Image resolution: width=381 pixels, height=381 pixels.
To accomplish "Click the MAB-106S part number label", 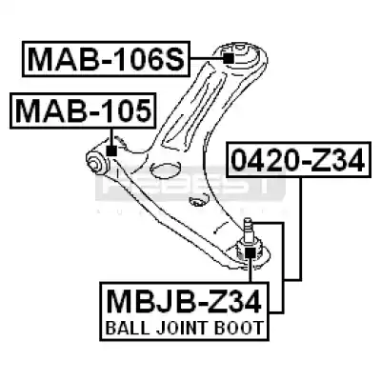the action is pyautogui.click(x=106, y=59).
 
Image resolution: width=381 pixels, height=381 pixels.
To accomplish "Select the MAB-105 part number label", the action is pyautogui.click(x=83, y=110).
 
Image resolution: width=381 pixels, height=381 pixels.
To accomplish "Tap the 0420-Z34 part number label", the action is pyautogui.click(x=298, y=160).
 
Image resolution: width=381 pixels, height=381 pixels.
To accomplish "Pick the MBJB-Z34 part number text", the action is pyautogui.click(x=184, y=301).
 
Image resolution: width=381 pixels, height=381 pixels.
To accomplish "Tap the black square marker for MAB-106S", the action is pyautogui.click(x=229, y=58).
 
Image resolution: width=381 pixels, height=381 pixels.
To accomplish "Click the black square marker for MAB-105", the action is pyautogui.click(x=111, y=150).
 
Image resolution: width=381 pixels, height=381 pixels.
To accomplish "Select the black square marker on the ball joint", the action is pyautogui.click(x=251, y=253).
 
